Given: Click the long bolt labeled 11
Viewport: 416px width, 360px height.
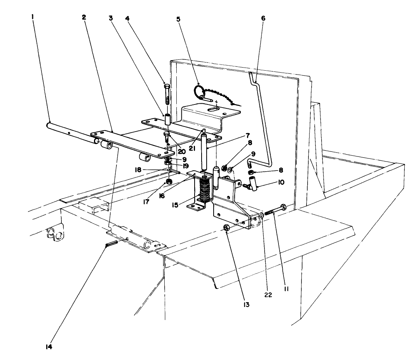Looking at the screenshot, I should coord(274,210).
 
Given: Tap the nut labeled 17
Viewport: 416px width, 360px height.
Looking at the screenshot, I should coord(169,181).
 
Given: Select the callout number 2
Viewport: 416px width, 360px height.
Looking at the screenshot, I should coord(84,17).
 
